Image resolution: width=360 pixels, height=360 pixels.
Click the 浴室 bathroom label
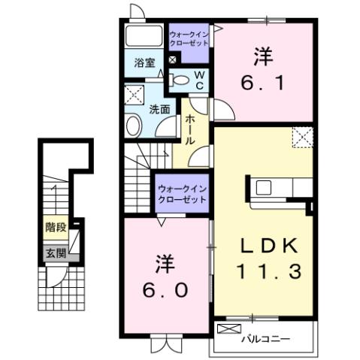pos(144,63)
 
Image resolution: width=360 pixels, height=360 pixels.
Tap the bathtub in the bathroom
pos(143,36)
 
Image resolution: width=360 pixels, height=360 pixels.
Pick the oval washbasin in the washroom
pos(134,126)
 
